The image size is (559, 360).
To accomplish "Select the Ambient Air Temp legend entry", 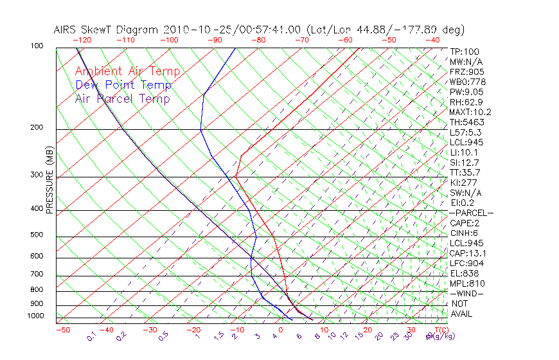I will pos(128,71).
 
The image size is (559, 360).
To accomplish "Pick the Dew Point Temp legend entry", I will pos(123,85).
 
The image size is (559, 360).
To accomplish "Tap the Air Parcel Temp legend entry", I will pos(123,98).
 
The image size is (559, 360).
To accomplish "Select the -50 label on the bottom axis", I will pos(62,330).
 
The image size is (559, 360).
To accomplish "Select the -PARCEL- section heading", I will pos(471,213).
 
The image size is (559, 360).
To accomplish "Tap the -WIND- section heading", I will pos(466,293).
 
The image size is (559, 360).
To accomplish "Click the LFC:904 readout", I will pos(466,263).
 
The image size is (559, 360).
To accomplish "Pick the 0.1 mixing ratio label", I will pos(91,336).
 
